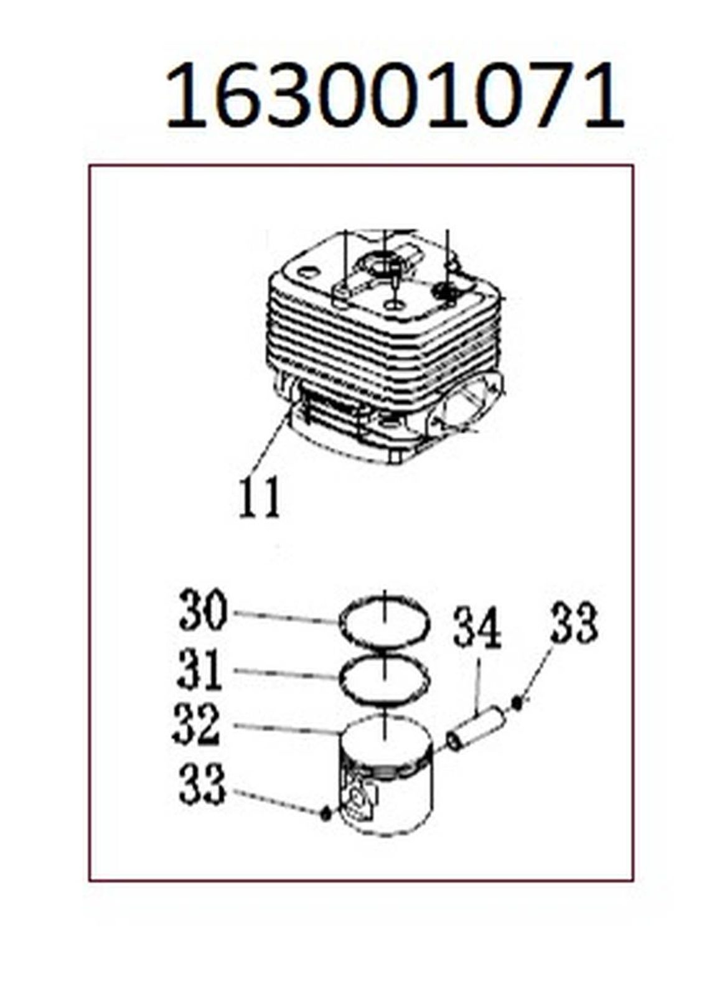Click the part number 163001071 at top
click(x=395, y=96)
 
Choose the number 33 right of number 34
click(x=575, y=619)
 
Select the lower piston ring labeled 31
click(x=384, y=678)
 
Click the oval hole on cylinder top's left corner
click(x=307, y=271)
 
